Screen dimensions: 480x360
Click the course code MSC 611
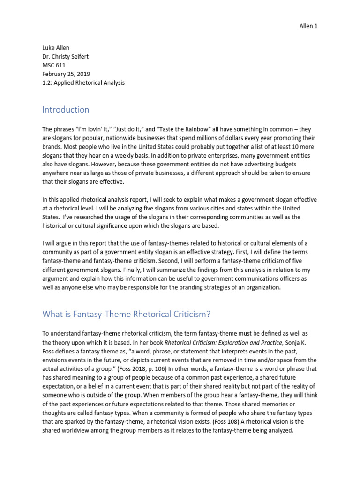pyautogui.click(x=55, y=65)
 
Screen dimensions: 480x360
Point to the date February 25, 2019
pyautogui.click(x=67, y=74)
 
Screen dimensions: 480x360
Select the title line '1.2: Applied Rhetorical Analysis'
pyautogui.click(x=84, y=82)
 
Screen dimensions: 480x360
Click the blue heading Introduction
pyautogui.click(x=66, y=110)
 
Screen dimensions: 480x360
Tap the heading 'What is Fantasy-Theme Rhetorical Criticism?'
pyautogui.click(x=129, y=314)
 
